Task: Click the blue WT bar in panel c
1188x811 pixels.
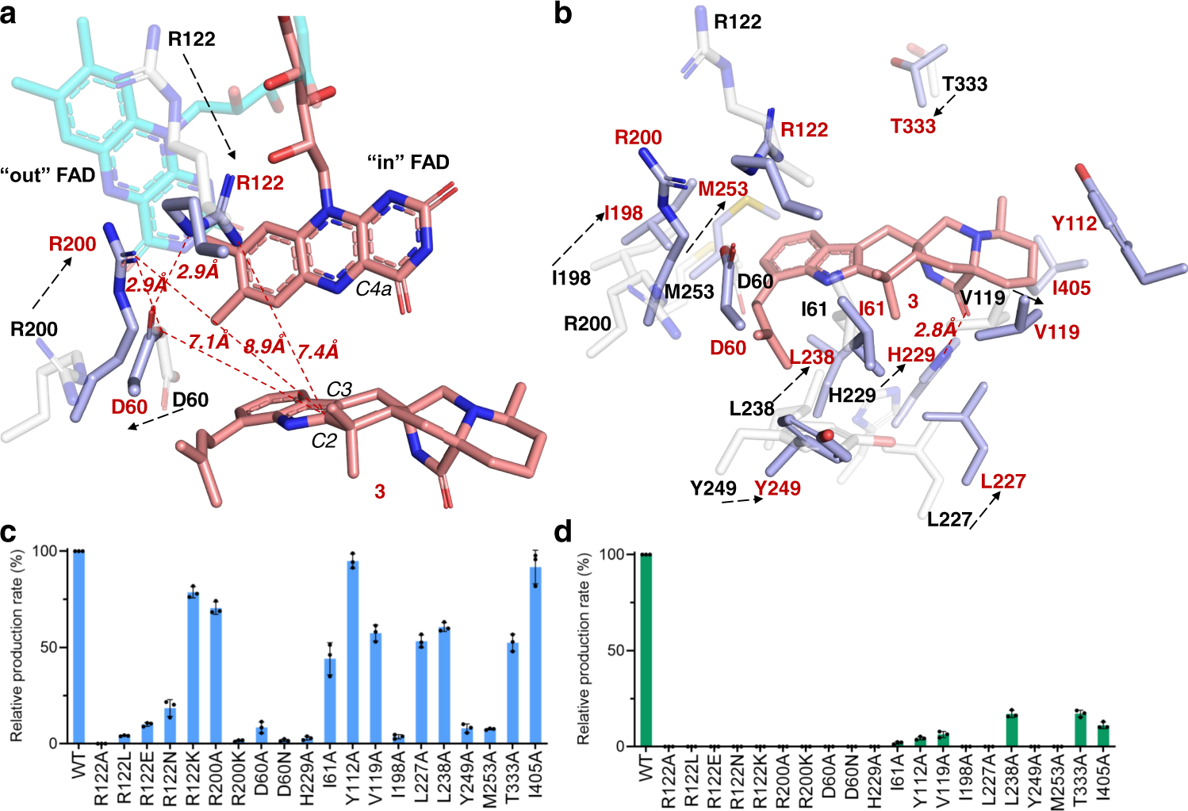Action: (x=79, y=646)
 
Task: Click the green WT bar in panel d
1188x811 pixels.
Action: (x=646, y=650)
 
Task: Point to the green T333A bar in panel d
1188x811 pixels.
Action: (x=1079, y=729)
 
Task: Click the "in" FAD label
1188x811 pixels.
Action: (x=408, y=163)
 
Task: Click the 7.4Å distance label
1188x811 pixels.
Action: (x=317, y=350)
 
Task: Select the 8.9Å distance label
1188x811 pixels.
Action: (x=264, y=346)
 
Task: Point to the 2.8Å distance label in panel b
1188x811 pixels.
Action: (x=937, y=329)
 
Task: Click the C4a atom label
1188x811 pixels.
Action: (x=374, y=289)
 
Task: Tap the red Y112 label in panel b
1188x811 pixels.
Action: (x=1075, y=224)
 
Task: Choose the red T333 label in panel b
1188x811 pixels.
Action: (x=913, y=126)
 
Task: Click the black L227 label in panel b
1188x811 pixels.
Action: (x=949, y=519)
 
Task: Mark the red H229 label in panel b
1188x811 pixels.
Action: (x=911, y=354)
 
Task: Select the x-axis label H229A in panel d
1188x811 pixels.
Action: (x=873, y=780)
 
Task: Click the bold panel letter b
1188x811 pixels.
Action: (x=563, y=14)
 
